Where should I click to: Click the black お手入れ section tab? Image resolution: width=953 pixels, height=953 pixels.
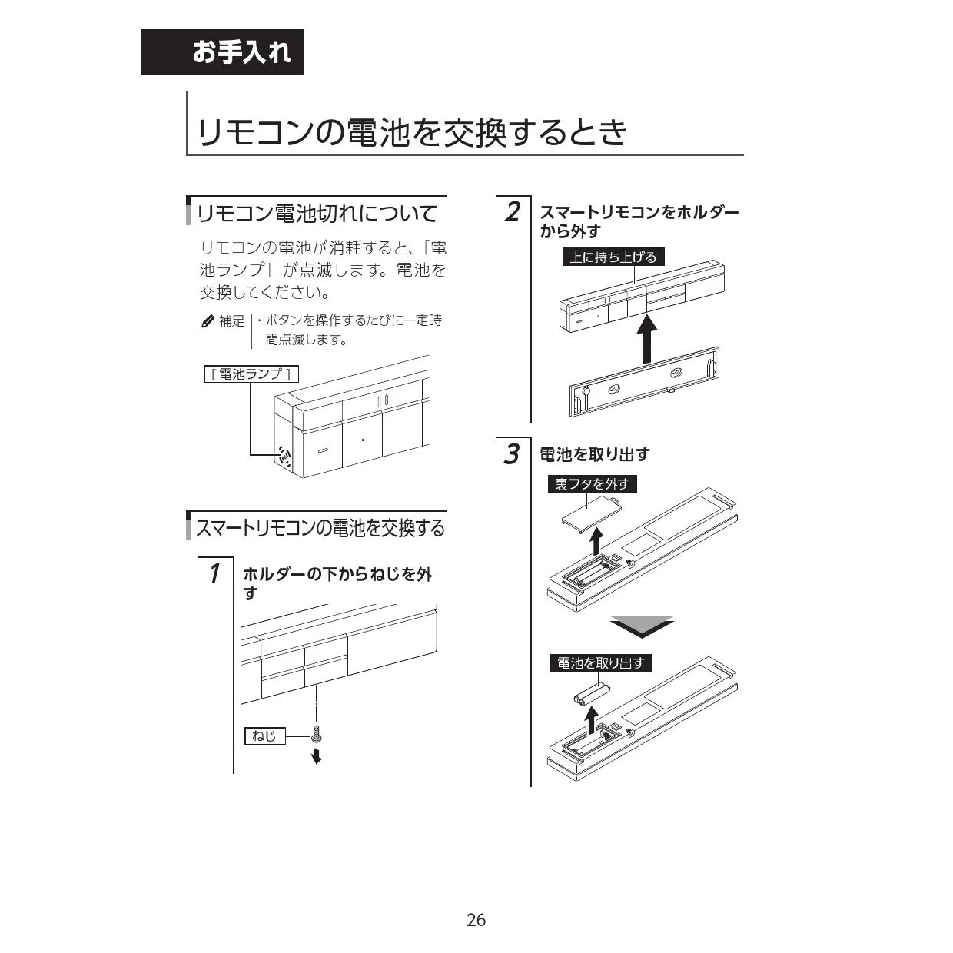click(x=222, y=52)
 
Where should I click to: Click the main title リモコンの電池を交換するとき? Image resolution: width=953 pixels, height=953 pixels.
click(x=412, y=132)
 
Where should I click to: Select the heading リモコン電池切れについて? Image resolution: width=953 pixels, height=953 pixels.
click(x=317, y=214)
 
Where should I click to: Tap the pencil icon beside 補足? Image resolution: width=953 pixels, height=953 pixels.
click(x=208, y=321)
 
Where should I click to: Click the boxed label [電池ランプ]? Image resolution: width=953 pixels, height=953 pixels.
click(x=251, y=374)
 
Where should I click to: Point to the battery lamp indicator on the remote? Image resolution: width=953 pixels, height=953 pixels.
click(x=284, y=456)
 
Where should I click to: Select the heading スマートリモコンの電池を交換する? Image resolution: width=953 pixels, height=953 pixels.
click(x=320, y=528)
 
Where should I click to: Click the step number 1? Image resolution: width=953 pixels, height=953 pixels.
click(x=214, y=573)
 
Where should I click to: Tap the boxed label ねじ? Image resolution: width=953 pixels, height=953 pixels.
click(x=265, y=736)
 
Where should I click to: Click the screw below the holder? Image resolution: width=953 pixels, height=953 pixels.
click(x=317, y=736)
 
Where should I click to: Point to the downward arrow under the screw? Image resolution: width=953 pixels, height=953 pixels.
click(x=317, y=755)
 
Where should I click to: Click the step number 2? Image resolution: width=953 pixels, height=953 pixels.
click(x=513, y=211)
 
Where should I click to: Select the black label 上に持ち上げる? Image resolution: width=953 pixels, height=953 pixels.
click(x=613, y=257)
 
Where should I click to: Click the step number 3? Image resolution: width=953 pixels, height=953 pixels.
click(x=512, y=454)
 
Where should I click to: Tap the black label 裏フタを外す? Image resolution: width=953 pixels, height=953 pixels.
click(x=592, y=484)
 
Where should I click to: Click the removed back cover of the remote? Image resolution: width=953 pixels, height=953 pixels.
click(x=592, y=511)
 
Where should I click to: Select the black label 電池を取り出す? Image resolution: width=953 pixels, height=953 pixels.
click(x=601, y=662)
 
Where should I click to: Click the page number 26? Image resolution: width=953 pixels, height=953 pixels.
click(x=476, y=920)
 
